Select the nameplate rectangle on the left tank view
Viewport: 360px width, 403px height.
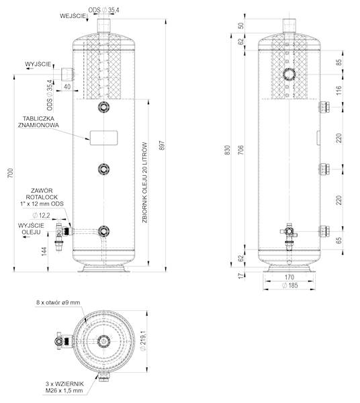[x=103, y=136]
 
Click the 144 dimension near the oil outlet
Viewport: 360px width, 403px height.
[x=45, y=251]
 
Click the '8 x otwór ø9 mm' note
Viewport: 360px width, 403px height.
[x=58, y=303]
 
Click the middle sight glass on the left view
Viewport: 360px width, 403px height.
[x=103, y=169]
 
